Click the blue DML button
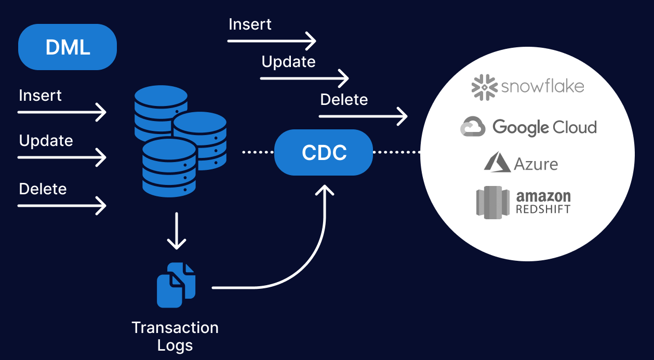click(x=68, y=47)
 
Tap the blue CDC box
click(x=324, y=152)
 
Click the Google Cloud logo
click(x=528, y=127)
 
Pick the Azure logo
click(x=521, y=163)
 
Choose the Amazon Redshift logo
click(x=523, y=202)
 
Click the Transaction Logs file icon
click(x=176, y=285)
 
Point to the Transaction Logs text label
click(x=175, y=336)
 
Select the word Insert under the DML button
click(x=40, y=96)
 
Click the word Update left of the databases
click(x=46, y=141)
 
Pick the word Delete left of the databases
click(x=43, y=189)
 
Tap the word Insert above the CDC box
click(x=250, y=24)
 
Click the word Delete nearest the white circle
click(x=344, y=99)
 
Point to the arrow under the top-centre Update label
click(x=304, y=78)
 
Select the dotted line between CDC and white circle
click(x=396, y=152)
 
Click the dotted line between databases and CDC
click(x=258, y=152)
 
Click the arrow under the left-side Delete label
click(x=62, y=206)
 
